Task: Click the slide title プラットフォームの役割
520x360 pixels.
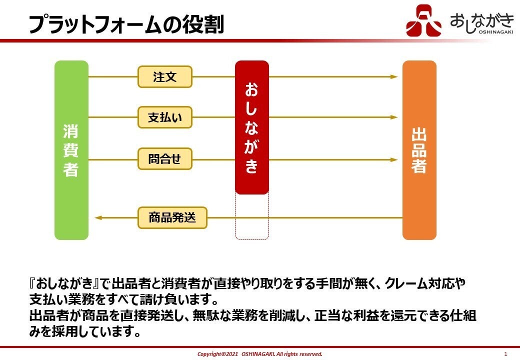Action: point(125,23)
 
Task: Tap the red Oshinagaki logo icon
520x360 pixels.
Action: point(423,20)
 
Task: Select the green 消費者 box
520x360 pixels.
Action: point(71,150)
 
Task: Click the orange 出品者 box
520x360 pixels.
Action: point(419,150)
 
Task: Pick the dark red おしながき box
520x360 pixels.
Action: point(252,127)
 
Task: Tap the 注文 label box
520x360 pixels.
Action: point(164,77)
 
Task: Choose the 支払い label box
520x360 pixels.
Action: point(164,118)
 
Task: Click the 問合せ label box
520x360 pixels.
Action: point(164,159)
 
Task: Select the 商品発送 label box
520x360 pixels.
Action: point(172,218)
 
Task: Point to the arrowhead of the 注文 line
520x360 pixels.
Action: point(394,77)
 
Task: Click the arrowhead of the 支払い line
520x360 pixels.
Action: point(394,117)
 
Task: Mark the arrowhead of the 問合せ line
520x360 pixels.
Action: point(394,160)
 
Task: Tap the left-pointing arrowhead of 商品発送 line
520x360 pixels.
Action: point(98,218)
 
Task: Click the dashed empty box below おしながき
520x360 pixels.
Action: point(252,216)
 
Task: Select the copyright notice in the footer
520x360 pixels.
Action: point(259,354)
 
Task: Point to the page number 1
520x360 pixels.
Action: point(505,354)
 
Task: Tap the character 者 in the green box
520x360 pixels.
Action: point(71,169)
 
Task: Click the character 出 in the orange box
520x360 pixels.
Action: point(419,134)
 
